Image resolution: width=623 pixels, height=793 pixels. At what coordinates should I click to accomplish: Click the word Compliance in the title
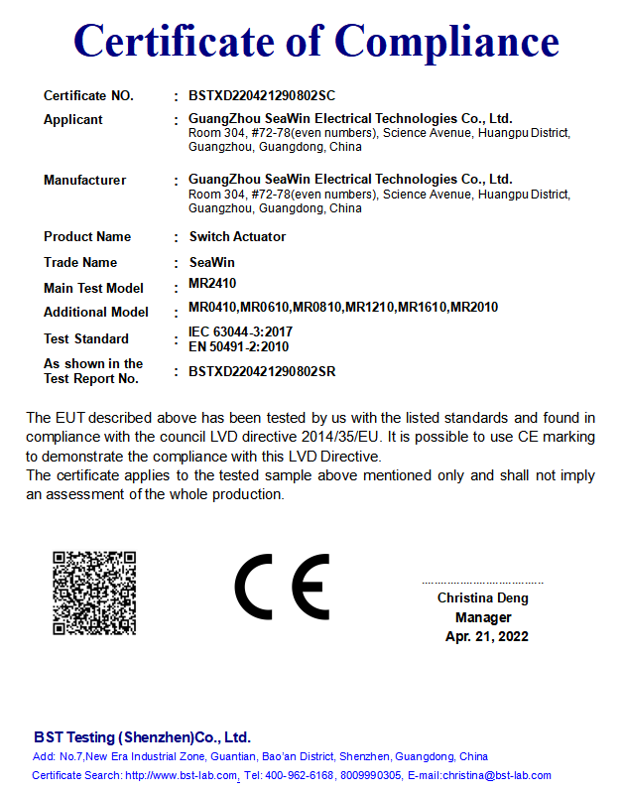(x=446, y=42)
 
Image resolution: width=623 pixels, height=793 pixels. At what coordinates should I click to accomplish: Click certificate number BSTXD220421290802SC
(x=262, y=96)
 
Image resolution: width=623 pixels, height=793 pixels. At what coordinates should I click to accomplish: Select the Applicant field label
(x=73, y=120)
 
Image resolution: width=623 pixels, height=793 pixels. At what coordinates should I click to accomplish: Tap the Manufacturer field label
(x=85, y=181)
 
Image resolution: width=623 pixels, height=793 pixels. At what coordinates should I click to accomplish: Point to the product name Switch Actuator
(x=237, y=237)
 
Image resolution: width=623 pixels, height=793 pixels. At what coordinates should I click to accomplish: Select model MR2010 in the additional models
(x=474, y=308)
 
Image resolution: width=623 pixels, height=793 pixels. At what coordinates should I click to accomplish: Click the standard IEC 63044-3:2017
(x=240, y=331)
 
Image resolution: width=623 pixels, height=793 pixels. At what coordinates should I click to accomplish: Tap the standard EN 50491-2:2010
(x=238, y=346)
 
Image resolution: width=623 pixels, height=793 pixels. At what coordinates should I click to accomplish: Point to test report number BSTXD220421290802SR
(x=262, y=372)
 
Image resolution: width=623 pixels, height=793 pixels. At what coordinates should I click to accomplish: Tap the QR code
(x=94, y=593)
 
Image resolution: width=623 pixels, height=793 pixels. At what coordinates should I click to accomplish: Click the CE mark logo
(x=282, y=588)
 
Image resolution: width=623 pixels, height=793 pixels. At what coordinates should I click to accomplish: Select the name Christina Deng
(x=483, y=598)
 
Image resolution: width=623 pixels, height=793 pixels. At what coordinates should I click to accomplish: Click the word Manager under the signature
(x=483, y=617)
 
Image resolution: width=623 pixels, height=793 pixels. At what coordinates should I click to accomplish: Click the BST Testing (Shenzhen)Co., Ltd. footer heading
(x=142, y=737)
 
